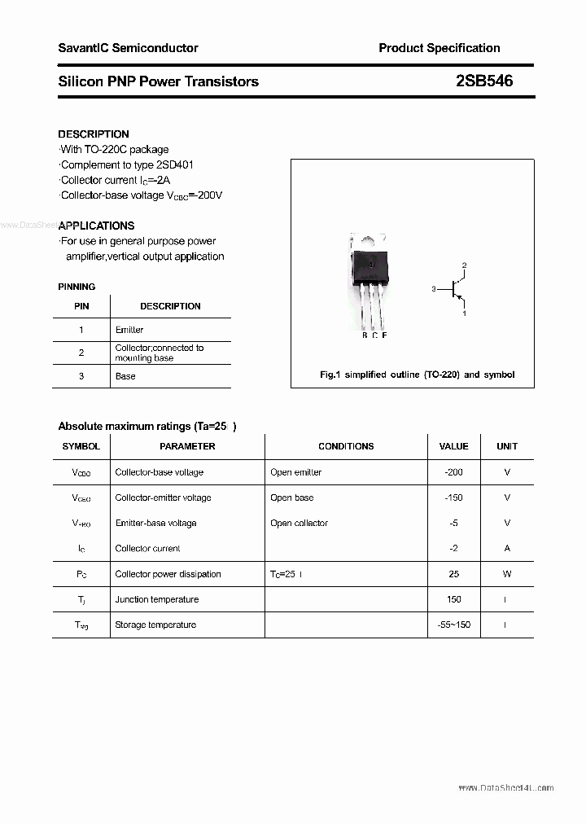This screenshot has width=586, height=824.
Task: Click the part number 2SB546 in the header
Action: click(x=485, y=81)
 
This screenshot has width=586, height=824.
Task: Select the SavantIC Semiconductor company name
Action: click(x=128, y=48)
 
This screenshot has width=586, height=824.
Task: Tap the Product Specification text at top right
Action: click(x=439, y=48)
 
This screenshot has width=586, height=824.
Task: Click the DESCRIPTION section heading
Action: click(x=94, y=134)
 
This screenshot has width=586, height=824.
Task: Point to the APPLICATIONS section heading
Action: click(x=97, y=226)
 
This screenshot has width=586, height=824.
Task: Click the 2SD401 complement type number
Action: click(x=173, y=164)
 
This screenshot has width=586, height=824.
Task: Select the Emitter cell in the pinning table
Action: click(x=129, y=330)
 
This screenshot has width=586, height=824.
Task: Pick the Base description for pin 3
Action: click(x=125, y=376)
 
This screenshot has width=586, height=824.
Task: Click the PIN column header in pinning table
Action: click(x=81, y=306)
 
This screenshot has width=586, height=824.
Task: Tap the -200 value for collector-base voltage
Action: click(x=453, y=472)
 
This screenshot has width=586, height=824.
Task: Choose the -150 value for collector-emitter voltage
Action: click(x=453, y=497)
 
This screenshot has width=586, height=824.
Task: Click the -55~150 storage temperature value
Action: click(x=453, y=625)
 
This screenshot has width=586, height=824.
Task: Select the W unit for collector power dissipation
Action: click(x=507, y=574)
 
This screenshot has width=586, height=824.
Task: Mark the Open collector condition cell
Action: click(x=299, y=523)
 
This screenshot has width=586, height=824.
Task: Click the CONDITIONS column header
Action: click(x=346, y=446)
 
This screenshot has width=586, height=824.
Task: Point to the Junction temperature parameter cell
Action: click(x=157, y=599)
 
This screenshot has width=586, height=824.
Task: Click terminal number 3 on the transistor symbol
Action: click(x=435, y=289)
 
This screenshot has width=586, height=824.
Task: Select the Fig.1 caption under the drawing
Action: click(x=417, y=375)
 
